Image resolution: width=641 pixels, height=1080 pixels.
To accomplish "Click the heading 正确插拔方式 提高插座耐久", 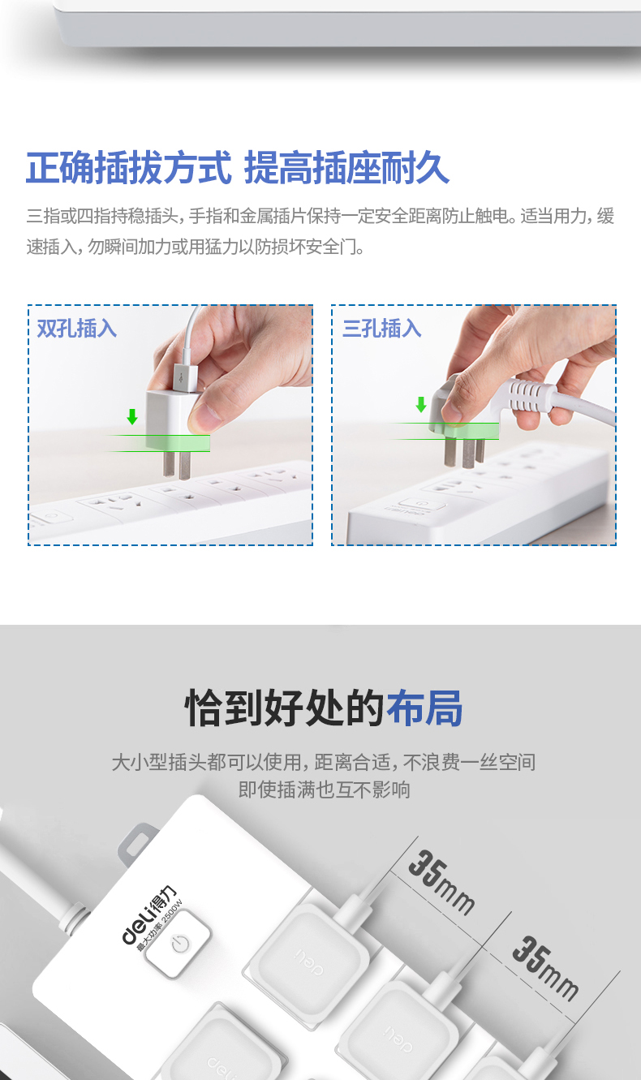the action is [x=238, y=167].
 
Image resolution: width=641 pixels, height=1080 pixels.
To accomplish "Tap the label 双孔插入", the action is [x=77, y=329].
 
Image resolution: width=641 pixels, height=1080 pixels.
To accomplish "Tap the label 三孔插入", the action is [x=381, y=329].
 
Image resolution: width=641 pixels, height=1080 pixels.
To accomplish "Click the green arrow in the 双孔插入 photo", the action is [x=132, y=416].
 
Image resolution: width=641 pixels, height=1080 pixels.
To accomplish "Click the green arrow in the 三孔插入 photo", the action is [x=421, y=405].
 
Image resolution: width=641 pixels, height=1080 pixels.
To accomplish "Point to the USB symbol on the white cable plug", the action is [x=182, y=379].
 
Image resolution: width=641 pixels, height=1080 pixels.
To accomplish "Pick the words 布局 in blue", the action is [x=424, y=708].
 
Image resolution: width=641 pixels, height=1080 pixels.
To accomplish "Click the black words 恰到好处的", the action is [x=285, y=708].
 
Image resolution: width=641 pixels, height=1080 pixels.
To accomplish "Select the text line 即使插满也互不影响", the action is [x=325, y=790].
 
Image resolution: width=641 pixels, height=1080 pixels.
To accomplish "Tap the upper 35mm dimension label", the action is [x=441, y=884].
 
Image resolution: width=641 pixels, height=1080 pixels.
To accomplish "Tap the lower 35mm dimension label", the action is [x=544, y=969].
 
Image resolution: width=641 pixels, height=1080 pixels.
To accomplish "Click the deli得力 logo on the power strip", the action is [x=148, y=915].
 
